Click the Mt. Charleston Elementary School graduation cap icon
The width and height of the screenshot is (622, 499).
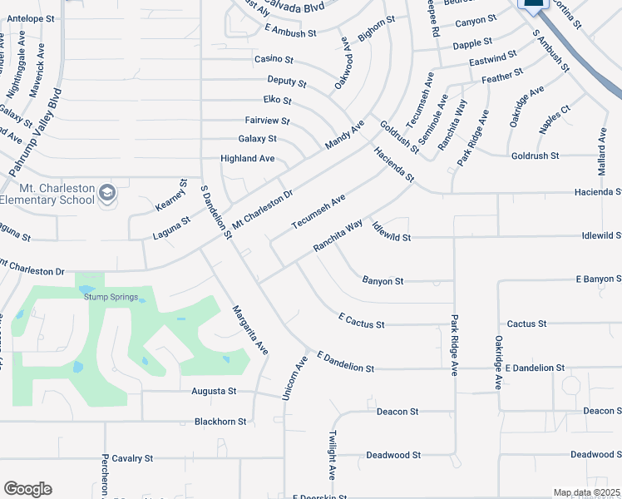[x=106, y=194]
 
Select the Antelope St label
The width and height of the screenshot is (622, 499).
[x=30, y=17]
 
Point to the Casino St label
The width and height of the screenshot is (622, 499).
[x=274, y=60]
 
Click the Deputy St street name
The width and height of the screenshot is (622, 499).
[x=287, y=82]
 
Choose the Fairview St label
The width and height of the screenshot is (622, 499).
[x=267, y=121]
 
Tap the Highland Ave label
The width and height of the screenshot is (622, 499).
[x=247, y=158]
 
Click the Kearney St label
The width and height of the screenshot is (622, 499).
[x=184, y=195]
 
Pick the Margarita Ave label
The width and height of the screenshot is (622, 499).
[x=249, y=330]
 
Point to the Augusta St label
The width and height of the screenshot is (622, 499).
[x=215, y=390]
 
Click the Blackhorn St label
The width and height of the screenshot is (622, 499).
[x=220, y=422]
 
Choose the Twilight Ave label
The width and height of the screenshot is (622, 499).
[x=332, y=455]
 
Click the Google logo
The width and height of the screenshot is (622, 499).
[x=27, y=489]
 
